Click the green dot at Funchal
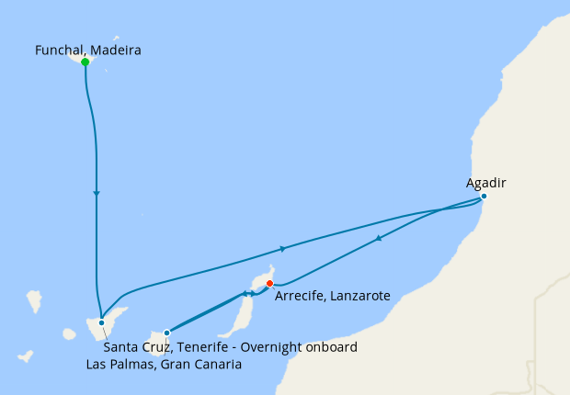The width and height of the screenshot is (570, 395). [x=85, y=62]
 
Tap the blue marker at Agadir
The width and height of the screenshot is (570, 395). [x=484, y=197]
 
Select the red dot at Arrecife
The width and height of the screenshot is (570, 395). [x=269, y=283]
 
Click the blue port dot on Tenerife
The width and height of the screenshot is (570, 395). [x=101, y=322]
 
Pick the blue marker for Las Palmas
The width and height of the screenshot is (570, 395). [x=166, y=333]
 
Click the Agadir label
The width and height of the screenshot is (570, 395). [x=485, y=183]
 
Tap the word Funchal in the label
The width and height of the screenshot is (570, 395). [x=61, y=51]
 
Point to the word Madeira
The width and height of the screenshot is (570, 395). [x=117, y=51]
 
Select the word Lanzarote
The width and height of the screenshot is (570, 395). [x=360, y=297]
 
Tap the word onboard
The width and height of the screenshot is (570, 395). [x=330, y=347]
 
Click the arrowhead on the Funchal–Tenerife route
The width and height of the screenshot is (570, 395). [x=97, y=193]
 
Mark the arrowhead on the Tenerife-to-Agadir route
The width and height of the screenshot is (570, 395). [x=282, y=249]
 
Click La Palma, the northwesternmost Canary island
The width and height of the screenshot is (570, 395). [x=34, y=300]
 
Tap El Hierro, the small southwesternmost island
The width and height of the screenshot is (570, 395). [x=26, y=355]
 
